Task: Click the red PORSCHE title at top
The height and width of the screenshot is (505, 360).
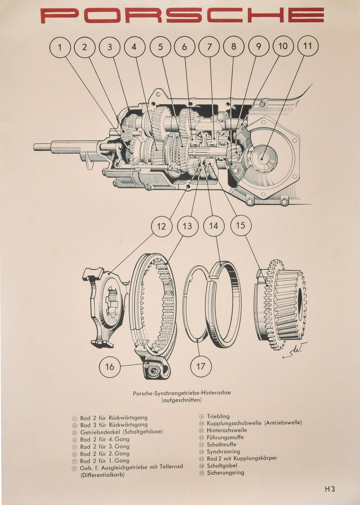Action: [182, 15]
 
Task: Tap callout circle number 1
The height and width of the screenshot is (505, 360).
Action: [60, 47]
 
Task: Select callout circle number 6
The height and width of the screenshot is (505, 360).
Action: [185, 47]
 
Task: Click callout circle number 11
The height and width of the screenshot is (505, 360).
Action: [308, 46]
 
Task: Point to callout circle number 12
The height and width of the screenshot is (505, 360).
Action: [162, 226]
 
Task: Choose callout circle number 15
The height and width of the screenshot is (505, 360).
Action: [241, 225]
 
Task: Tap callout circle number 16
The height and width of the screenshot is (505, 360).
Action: [110, 367]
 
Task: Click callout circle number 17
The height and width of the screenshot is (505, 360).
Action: [201, 367]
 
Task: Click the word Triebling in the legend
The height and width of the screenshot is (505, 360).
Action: [218, 416]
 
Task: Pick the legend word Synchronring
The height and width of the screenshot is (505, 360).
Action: [223, 452]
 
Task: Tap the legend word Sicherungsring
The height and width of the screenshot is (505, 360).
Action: [226, 473]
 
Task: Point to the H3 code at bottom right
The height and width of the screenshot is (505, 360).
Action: [329, 489]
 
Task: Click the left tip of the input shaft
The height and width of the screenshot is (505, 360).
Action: [35, 147]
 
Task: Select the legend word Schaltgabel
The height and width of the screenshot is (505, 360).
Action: [223, 466]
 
